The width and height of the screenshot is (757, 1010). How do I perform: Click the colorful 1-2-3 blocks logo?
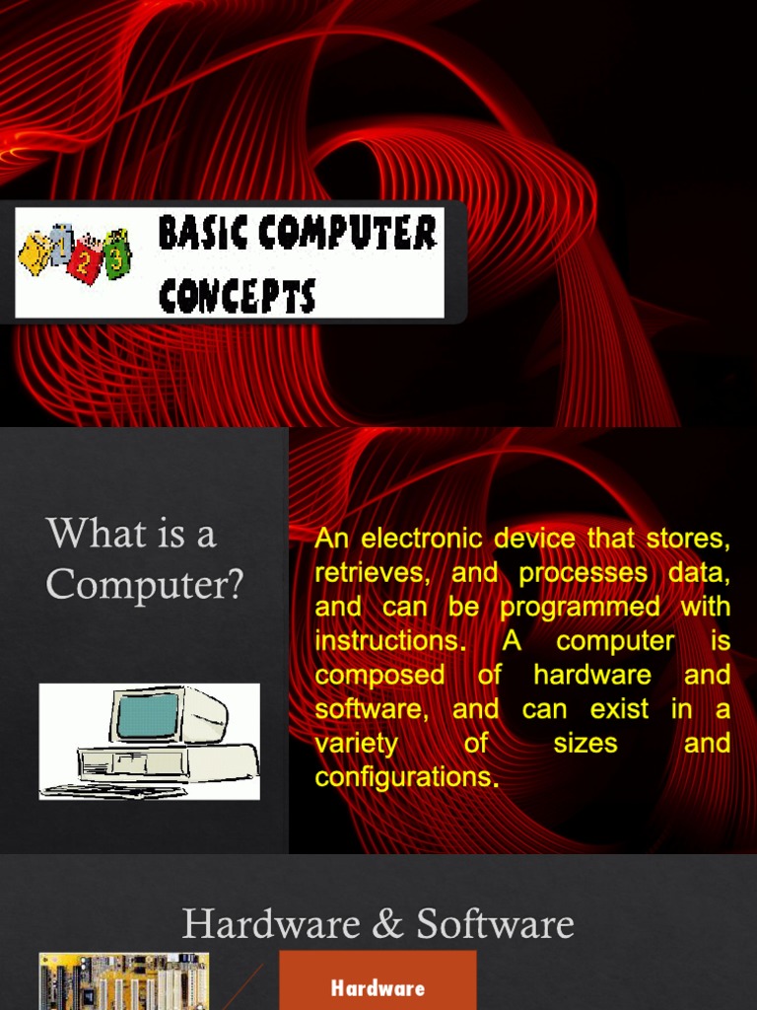coord(75,253)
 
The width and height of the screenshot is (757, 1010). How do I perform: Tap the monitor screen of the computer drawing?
coord(147,717)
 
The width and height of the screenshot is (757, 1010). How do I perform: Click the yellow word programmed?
coord(581,607)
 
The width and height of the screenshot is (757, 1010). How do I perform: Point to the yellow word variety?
coord(356,743)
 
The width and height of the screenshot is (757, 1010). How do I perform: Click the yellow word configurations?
coord(405,777)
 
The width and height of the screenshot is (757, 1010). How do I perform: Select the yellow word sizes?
coord(585,743)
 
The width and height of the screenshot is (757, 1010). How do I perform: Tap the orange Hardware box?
coord(378,982)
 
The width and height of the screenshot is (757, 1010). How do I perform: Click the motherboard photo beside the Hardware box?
coord(124,981)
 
